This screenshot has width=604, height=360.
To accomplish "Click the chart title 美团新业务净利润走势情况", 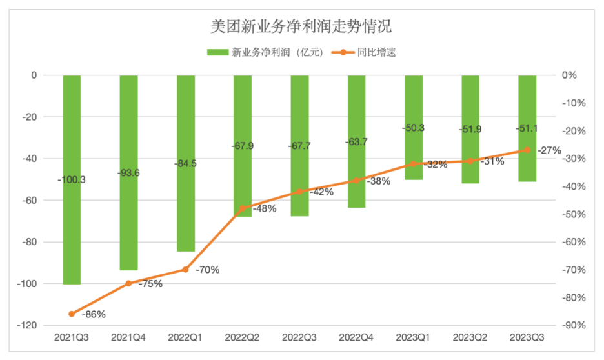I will click(x=301, y=27).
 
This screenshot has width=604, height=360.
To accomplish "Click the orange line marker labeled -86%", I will click(x=72, y=314).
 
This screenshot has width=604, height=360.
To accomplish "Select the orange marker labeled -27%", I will click(x=527, y=150).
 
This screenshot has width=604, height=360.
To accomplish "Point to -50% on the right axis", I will click(x=573, y=214).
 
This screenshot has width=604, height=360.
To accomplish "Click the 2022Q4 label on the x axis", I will click(x=357, y=337).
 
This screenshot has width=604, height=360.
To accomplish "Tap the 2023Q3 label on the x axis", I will click(x=527, y=337).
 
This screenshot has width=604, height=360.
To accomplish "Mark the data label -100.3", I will click(x=72, y=180).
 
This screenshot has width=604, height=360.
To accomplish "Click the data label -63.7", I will click(x=356, y=142).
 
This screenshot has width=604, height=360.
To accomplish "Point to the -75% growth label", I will click(x=149, y=284).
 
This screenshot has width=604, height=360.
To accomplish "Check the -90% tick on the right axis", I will click(x=573, y=326).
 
